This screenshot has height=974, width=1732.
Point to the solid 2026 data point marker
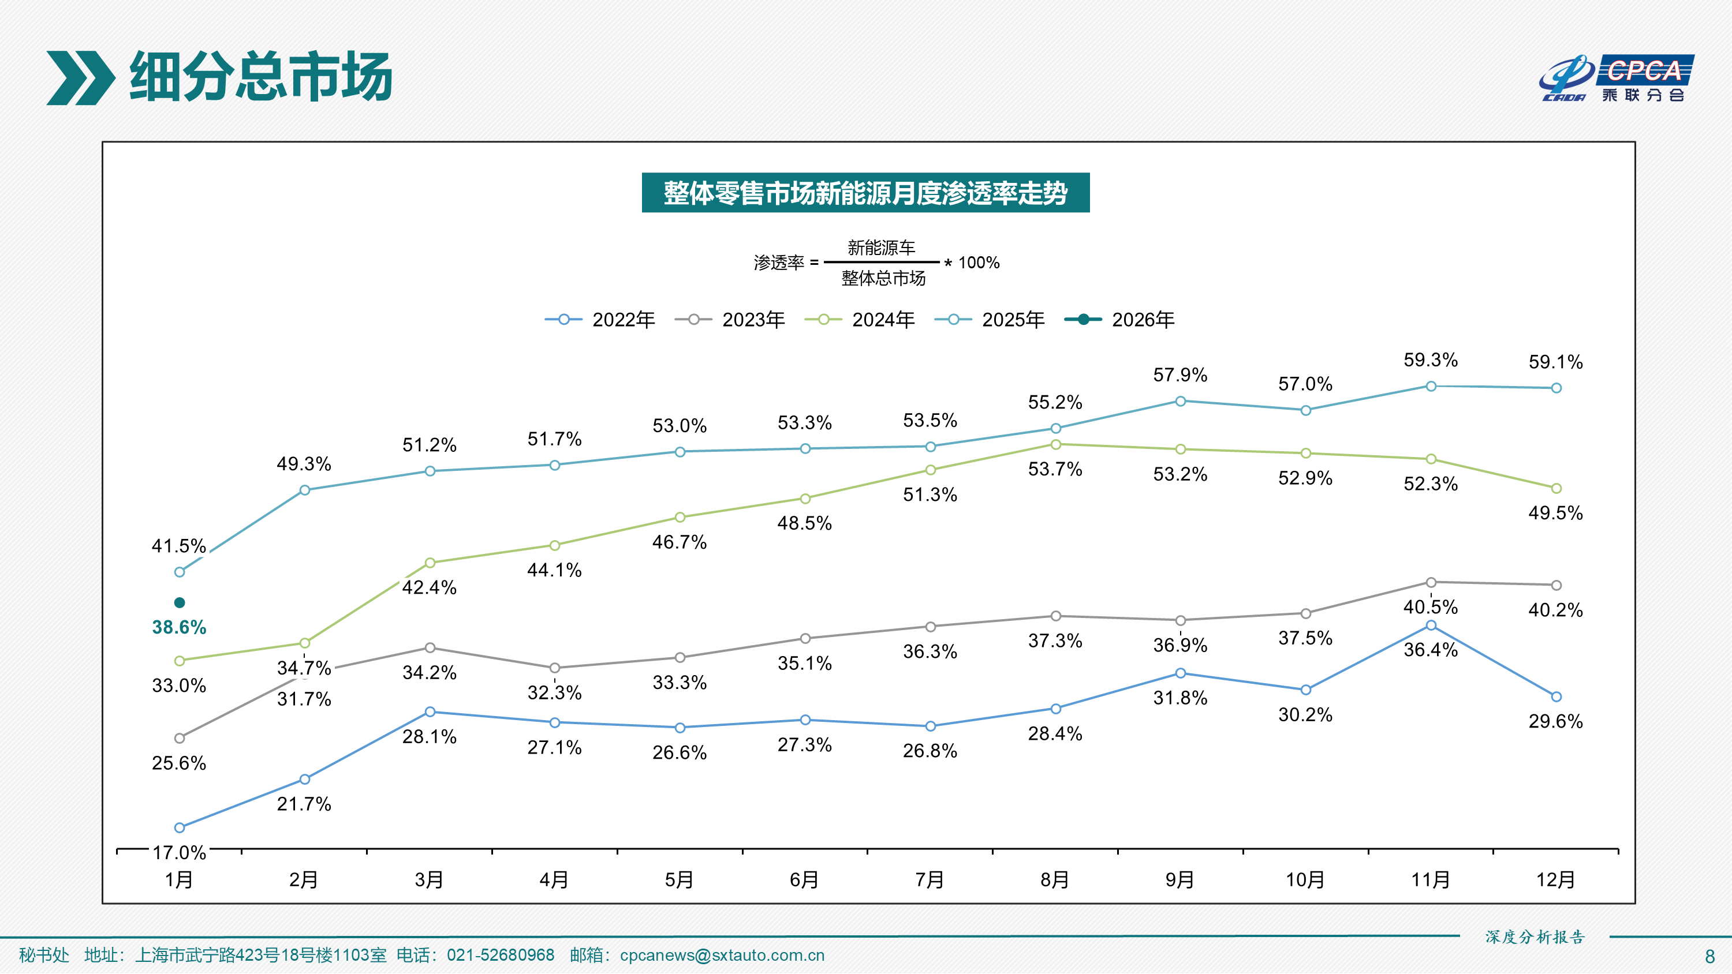pyautogui.click(x=180, y=602)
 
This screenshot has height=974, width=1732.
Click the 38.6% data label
pyautogui.click(x=179, y=627)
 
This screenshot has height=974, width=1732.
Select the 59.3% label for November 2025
pyautogui.click(x=1430, y=359)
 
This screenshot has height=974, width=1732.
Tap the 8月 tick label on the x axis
pyautogui.click(x=1054, y=879)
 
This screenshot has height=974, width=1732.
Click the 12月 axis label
pyautogui.click(x=1555, y=879)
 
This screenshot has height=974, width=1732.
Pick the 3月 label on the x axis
pyautogui.click(x=429, y=879)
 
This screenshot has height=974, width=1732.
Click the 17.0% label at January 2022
pyautogui.click(x=179, y=852)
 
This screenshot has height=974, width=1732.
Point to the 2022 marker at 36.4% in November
pyautogui.click(x=1431, y=626)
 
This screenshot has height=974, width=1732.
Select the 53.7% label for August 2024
pyautogui.click(x=1055, y=469)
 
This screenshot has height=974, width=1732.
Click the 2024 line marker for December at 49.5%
pyautogui.click(x=1556, y=488)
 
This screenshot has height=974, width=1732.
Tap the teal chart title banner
pyautogui.click(x=865, y=193)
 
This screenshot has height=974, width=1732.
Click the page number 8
pyautogui.click(x=1710, y=956)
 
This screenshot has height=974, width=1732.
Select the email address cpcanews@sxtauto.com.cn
pyautogui.click(x=722, y=955)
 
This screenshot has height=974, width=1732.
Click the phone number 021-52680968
pyautogui.click(x=500, y=955)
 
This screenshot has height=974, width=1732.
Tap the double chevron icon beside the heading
pyautogui.click(x=81, y=78)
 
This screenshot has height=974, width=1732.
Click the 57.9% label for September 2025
pyautogui.click(x=1180, y=375)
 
